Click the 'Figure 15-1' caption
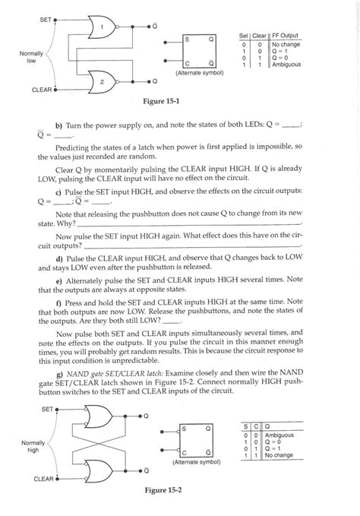165,100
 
